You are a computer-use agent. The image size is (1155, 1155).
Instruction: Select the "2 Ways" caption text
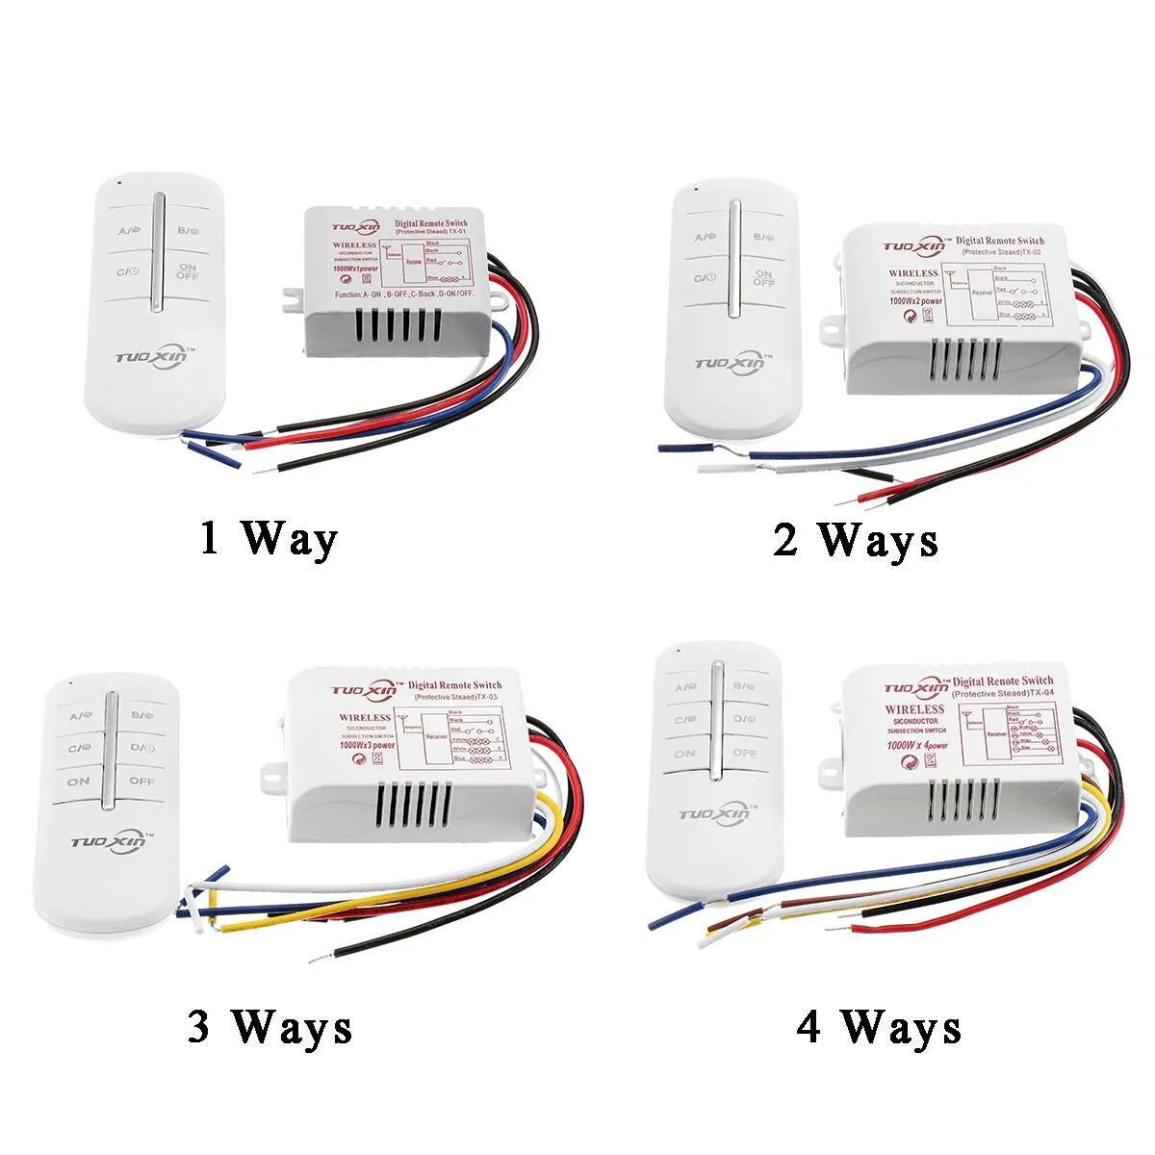[855, 540]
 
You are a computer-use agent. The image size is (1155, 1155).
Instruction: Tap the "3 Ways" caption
[269, 1028]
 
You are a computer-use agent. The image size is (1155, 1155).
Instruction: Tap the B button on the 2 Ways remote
[762, 236]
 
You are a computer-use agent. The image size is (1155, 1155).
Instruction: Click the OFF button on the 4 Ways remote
[744, 753]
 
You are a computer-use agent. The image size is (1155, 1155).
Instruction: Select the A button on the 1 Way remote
[130, 231]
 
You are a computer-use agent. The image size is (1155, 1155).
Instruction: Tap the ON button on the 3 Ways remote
[79, 782]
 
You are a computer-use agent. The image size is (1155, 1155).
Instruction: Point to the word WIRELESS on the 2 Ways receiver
[912, 273]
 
